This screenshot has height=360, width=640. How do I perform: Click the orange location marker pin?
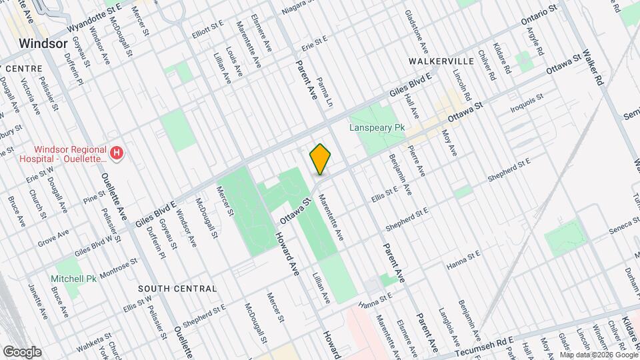(x=321, y=159)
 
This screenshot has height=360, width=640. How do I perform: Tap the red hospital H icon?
(x=117, y=154)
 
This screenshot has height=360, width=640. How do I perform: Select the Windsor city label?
(x=43, y=43)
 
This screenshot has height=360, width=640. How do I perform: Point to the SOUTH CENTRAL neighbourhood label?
(x=177, y=289)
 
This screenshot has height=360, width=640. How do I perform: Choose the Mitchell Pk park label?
(x=75, y=278)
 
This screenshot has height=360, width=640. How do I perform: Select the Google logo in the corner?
(x=21, y=352)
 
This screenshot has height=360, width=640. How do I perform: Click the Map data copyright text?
(x=599, y=354)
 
